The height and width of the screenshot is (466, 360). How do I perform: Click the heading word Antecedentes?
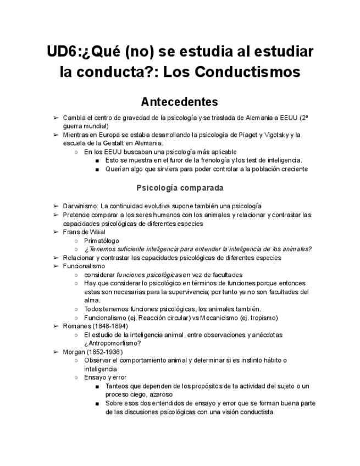point(180,102)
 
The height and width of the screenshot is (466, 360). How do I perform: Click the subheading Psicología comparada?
point(180,188)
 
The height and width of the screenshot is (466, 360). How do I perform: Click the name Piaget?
point(248,135)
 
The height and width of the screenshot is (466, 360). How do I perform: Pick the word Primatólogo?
point(102,240)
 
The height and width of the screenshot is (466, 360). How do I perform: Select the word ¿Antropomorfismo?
point(113,343)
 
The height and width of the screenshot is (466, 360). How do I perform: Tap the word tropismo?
point(263,318)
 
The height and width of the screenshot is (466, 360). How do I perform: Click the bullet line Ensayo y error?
point(105,378)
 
